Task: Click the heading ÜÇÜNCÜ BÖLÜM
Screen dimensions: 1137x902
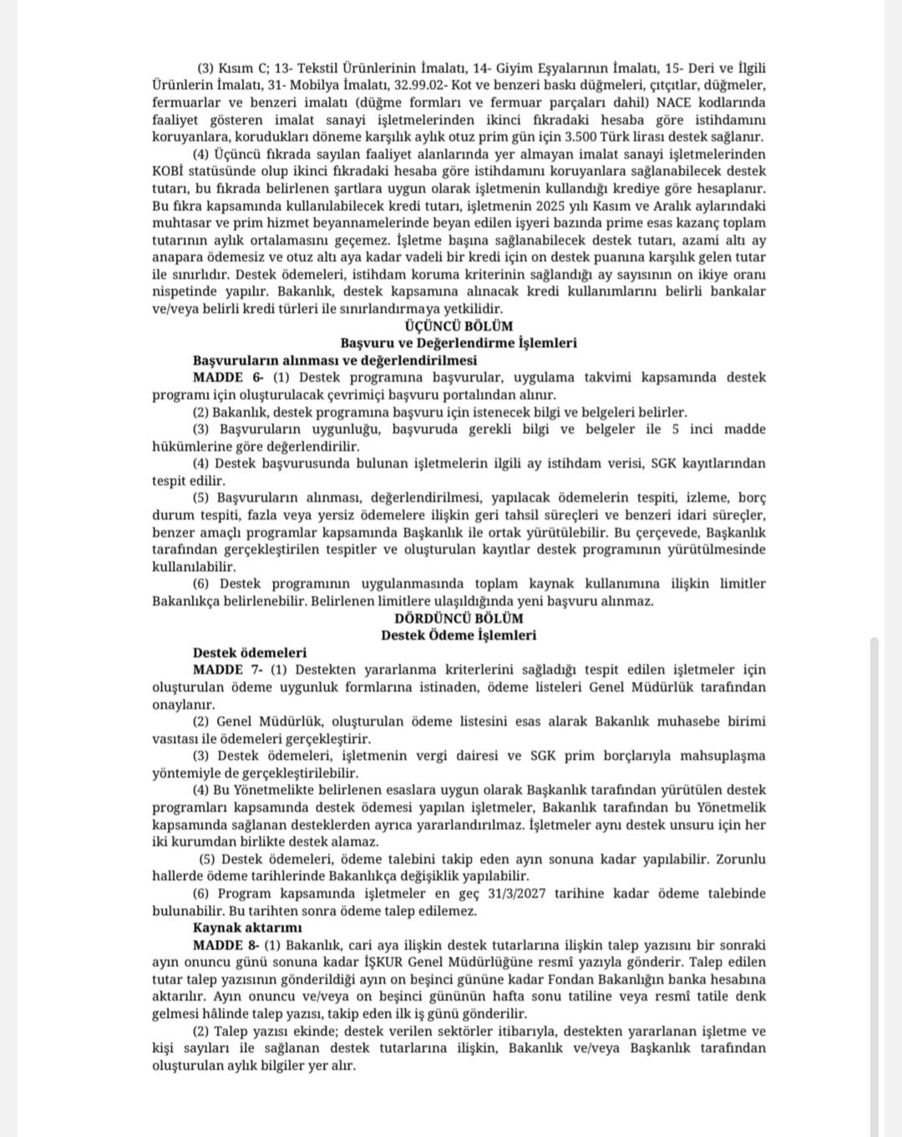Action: [458, 326]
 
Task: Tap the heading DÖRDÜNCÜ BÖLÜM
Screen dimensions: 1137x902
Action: [459, 618]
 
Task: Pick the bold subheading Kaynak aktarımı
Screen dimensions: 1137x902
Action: [247, 927]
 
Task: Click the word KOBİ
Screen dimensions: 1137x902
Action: [168, 171]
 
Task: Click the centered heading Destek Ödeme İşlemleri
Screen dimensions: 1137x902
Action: [459, 635]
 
